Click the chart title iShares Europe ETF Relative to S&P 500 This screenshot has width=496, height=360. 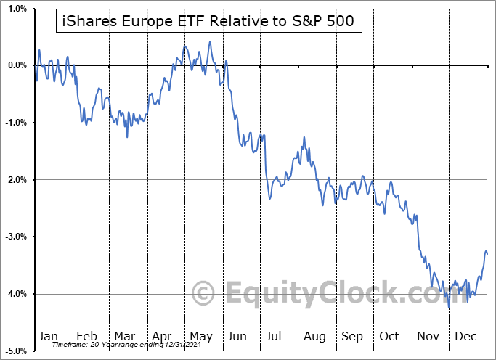(x=206, y=21)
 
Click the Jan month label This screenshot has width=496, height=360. (x=47, y=336)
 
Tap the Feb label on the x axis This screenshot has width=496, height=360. (x=87, y=336)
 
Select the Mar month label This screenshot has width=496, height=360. (x=124, y=336)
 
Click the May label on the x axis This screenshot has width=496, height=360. (x=200, y=336)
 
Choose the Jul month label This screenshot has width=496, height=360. (x=275, y=336)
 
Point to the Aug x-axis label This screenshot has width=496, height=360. (x=314, y=336)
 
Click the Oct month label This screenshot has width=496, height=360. (x=389, y=336)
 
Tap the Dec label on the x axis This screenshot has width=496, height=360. (x=465, y=336)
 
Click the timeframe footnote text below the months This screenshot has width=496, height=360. (x=127, y=345)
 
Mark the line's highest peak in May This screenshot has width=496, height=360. (x=210, y=41)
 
